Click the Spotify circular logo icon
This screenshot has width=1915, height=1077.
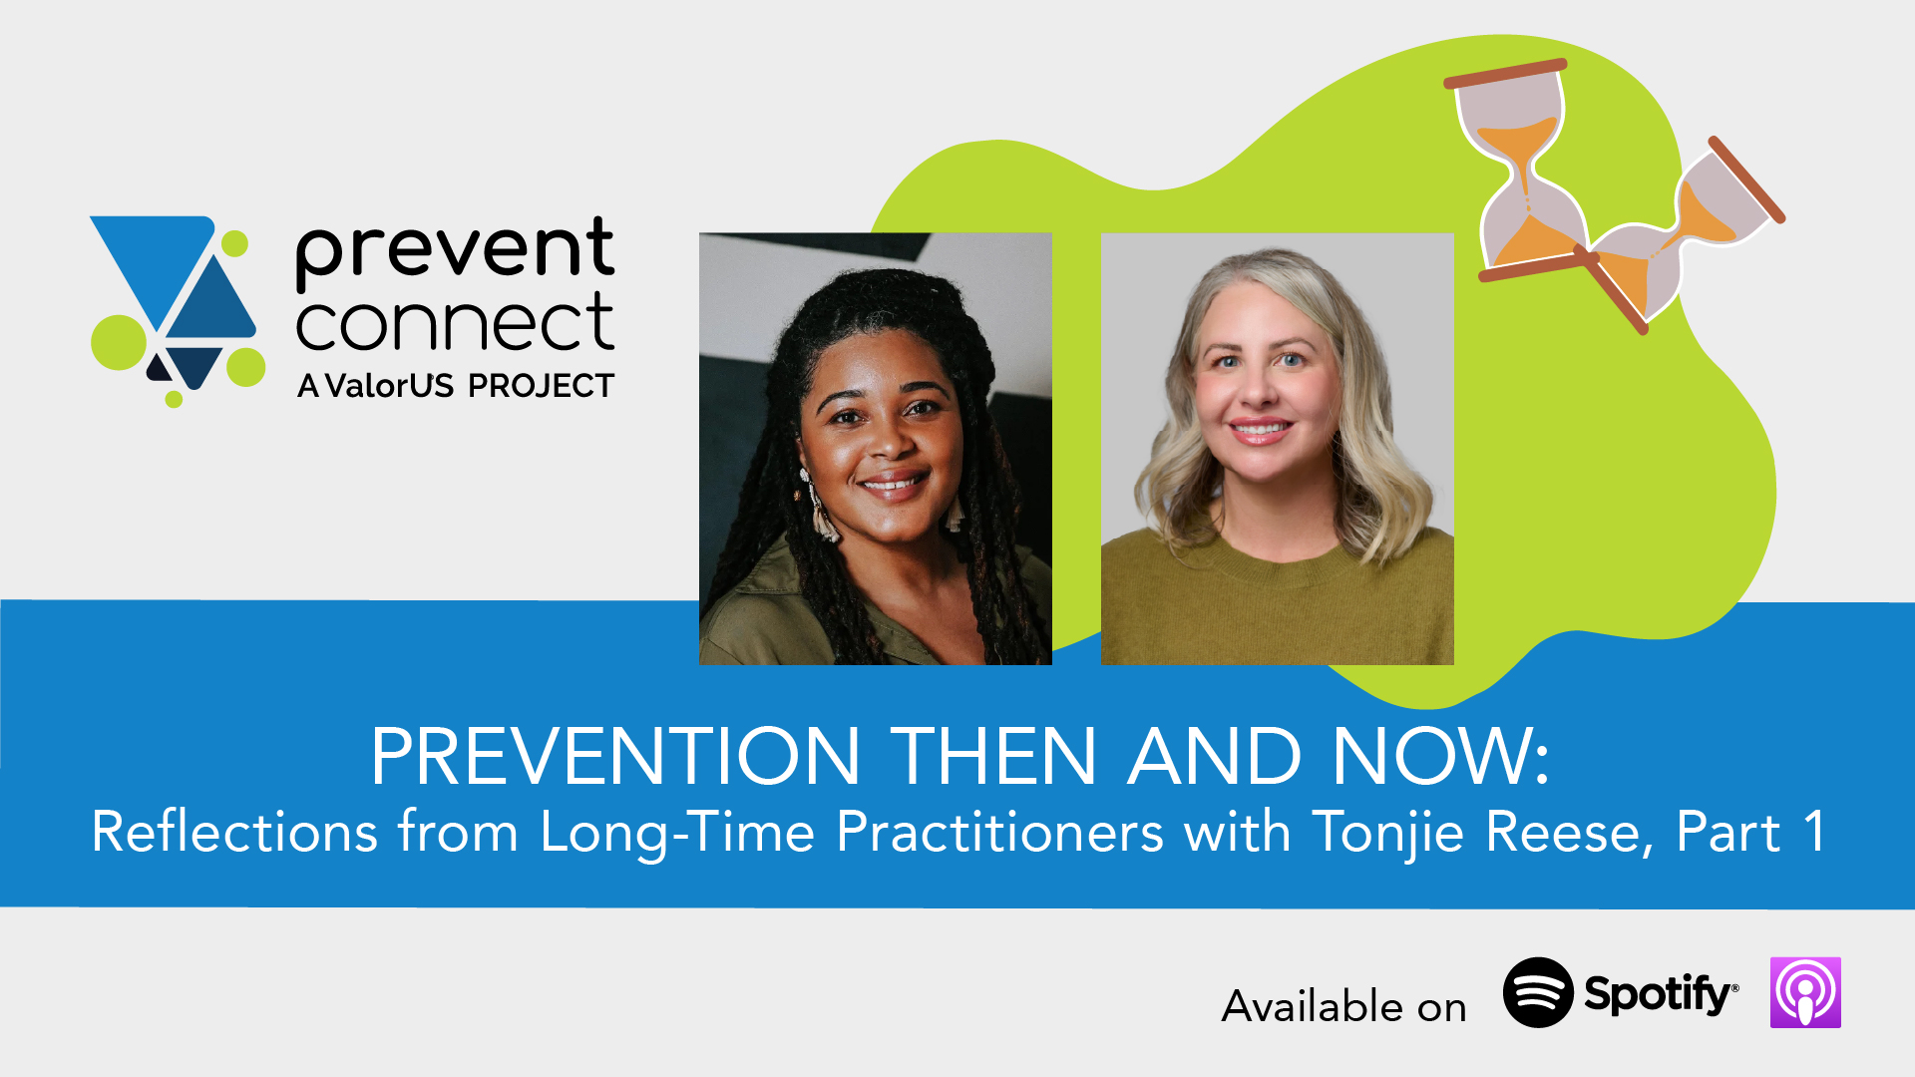pyautogui.click(x=1538, y=992)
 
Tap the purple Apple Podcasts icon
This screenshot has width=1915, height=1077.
pyautogui.click(x=1805, y=992)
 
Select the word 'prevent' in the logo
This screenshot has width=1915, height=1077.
pyautogui.click(x=455, y=249)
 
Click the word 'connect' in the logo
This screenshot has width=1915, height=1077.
pyautogui.click(x=455, y=323)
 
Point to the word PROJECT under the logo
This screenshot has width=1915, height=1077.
pyautogui.click(x=541, y=386)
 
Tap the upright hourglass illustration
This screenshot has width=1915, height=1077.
pyautogui.click(x=1516, y=171)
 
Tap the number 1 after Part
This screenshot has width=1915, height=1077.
pyautogui.click(x=1814, y=831)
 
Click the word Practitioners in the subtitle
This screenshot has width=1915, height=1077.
pyautogui.click(x=1000, y=832)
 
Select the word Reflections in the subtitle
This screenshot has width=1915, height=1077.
pyautogui.click(x=235, y=832)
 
